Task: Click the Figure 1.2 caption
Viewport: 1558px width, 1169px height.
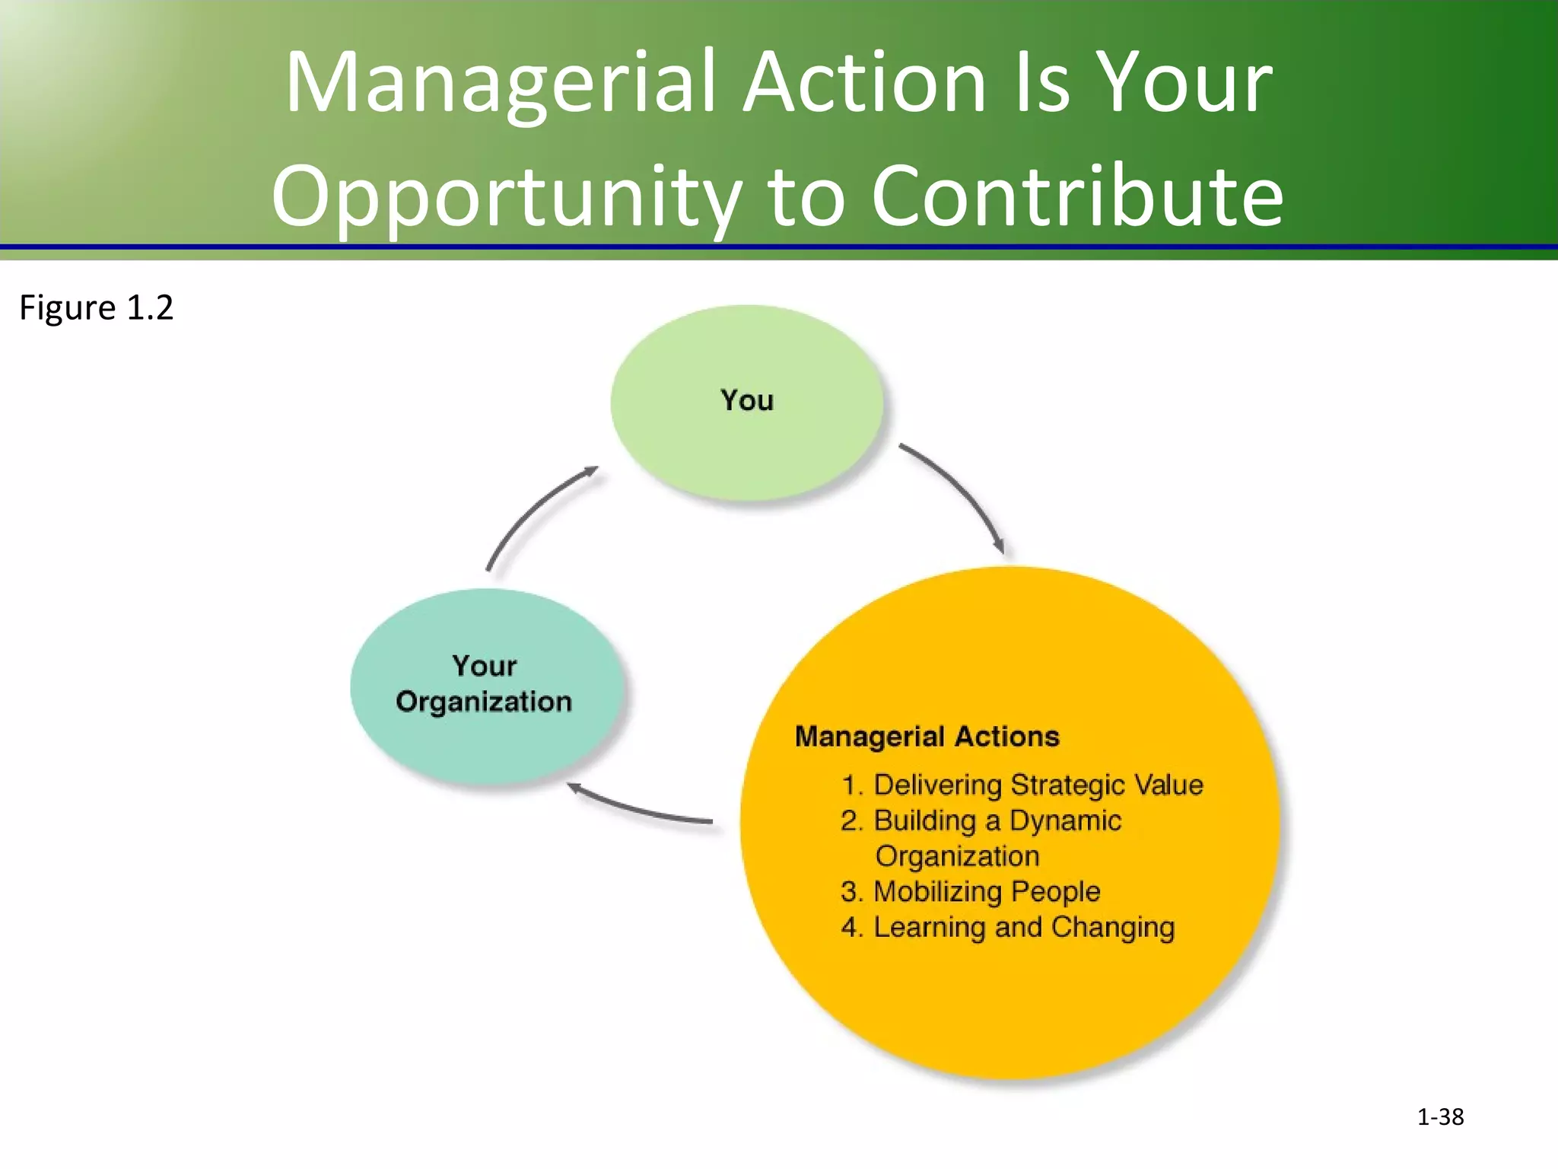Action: coord(97,307)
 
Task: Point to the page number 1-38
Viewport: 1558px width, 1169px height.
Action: coord(1440,1116)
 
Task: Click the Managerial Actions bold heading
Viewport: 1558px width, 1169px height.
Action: coord(927,737)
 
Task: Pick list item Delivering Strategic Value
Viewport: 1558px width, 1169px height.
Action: coord(1038,785)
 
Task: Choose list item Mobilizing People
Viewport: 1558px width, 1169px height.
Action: coord(986,891)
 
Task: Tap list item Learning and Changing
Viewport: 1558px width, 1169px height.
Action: coord(1023,927)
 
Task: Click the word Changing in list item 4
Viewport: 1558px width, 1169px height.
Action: coord(1113,927)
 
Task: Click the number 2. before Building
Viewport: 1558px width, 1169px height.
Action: coord(851,820)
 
